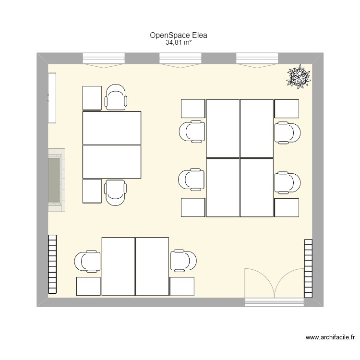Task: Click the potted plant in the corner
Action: pos(299,76)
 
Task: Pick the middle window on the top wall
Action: pos(180,59)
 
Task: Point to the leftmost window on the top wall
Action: pos(104,59)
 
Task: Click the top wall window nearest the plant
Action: pos(256,59)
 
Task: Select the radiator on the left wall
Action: pos(52,264)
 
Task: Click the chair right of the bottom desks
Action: pos(184,262)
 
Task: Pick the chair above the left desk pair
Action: pos(116,97)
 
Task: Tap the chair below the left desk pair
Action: pos(116,192)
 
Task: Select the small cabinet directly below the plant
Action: pos(287,108)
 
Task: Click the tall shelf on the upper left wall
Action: pos(52,97)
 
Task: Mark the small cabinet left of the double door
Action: pos(182,287)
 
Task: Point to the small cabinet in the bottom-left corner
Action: pos(88,287)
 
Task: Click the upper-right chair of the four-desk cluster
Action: pos(288,132)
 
